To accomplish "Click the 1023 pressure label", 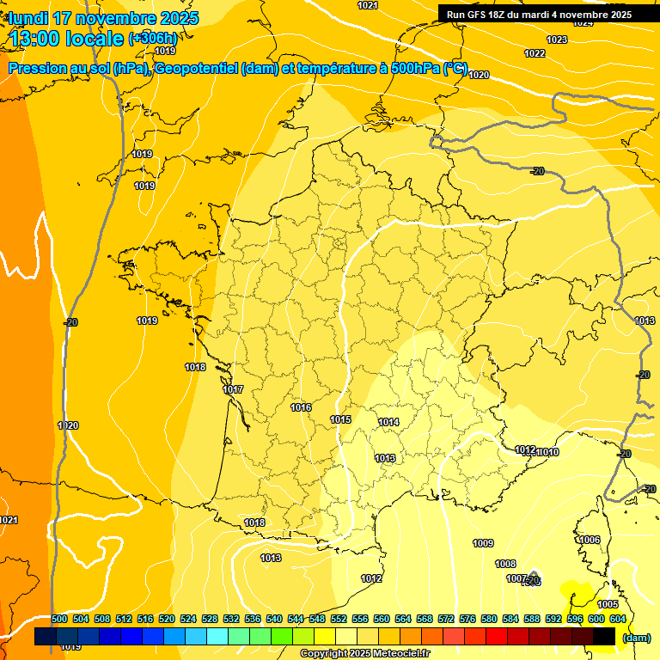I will pos(557,40).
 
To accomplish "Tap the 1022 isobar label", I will pos(535,53).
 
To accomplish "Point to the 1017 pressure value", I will pos(233,389).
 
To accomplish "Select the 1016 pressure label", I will pos(301,407).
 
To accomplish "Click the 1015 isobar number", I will pos(340,419).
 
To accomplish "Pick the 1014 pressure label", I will pos(388,422).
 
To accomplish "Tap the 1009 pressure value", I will pos(483,543).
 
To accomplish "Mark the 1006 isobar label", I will pos(590,540).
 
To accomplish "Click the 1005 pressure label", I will pos(608,604).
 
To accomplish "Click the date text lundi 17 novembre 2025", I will pos(103,18).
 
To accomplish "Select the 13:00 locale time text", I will pos(66,38).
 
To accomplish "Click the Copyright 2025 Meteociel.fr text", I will pos(364,653).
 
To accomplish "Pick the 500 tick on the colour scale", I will pos(59,619).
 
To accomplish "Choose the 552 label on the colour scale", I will pos(339,619).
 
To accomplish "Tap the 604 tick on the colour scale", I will pos(618,619).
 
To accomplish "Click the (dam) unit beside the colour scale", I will pos(637,637).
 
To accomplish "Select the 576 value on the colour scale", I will pos(467,619).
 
